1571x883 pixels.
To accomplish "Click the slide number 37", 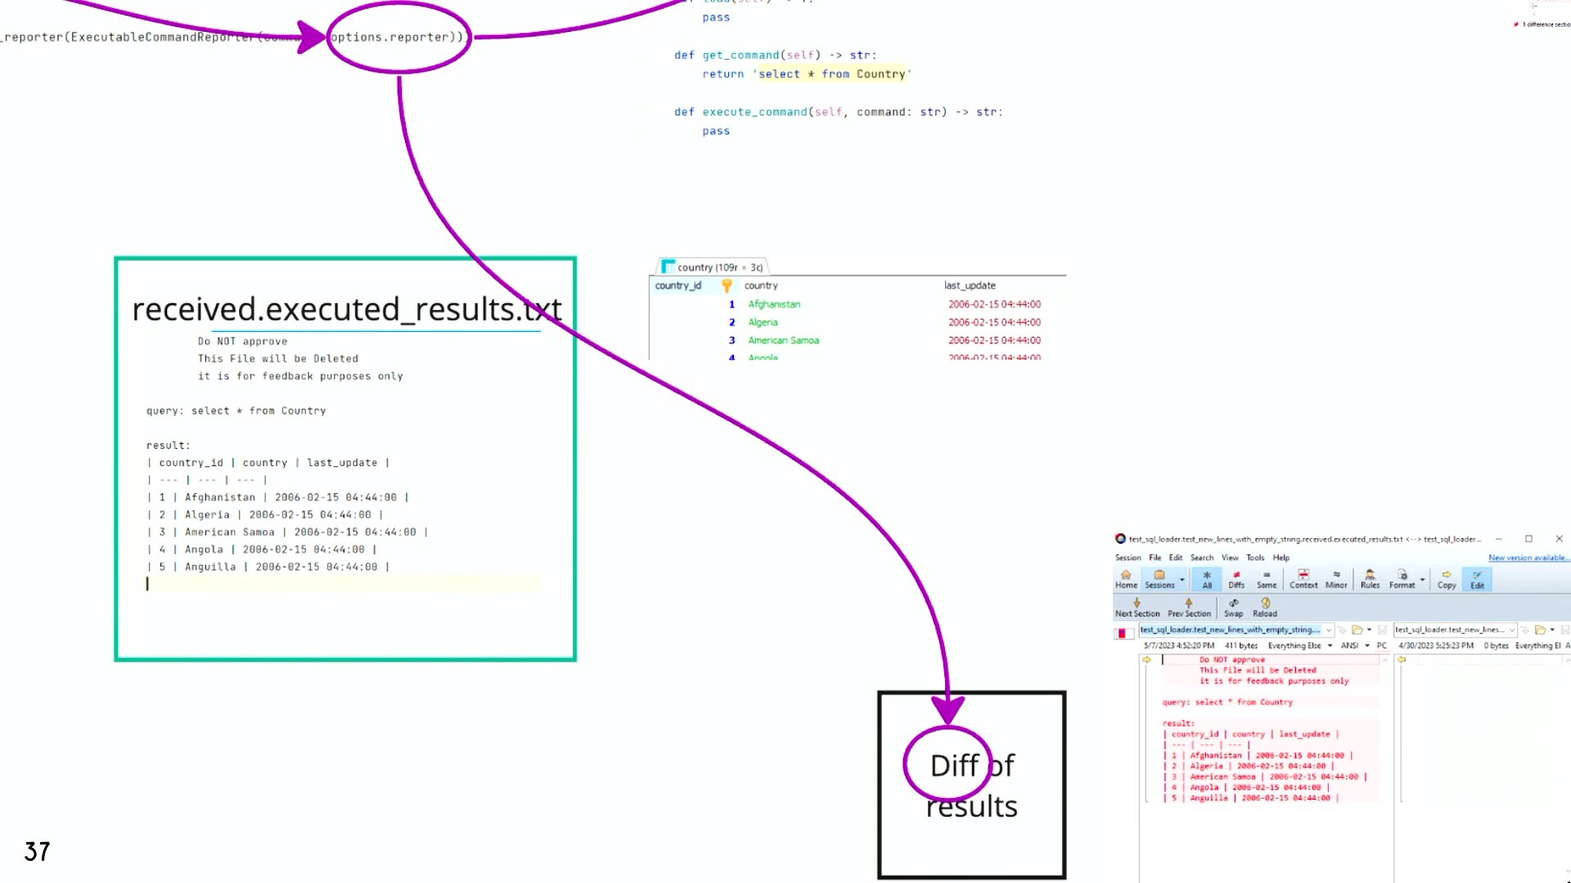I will point(37,851).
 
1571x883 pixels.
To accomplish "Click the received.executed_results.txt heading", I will point(346,309).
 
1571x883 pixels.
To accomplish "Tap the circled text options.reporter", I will point(398,37).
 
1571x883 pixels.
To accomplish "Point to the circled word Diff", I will point(954,765).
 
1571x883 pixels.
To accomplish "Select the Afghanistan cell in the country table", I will point(773,304).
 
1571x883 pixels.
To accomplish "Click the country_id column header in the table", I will point(677,285).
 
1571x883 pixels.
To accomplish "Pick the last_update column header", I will point(970,285).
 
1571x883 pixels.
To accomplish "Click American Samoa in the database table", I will point(783,340).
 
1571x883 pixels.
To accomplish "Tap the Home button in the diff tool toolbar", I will point(1126,579).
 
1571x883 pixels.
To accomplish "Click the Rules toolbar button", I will point(1370,579).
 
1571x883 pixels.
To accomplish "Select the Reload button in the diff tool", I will point(1264,607).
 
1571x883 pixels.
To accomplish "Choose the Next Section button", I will point(1137,607).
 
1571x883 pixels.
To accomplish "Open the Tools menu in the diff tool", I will point(1255,558).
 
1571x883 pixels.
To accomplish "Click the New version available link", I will point(1527,558).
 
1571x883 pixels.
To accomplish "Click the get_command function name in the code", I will point(740,55).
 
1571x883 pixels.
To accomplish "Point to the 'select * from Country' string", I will point(831,74).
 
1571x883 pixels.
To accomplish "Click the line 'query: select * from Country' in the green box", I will point(236,410).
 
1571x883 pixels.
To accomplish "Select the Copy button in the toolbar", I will point(1447,579).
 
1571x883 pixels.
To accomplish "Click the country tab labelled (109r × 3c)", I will point(713,267).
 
